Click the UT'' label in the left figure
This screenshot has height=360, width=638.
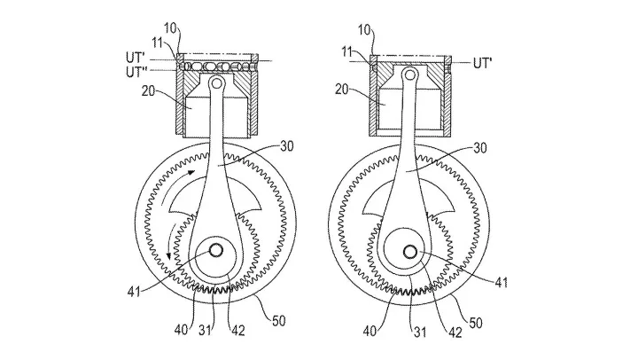pyautogui.click(x=136, y=72)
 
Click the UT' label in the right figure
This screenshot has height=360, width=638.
pyautogui.click(x=483, y=63)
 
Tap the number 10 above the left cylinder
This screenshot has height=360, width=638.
pyautogui.click(x=171, y=28)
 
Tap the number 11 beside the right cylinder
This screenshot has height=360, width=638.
pyautogui.click(x=347, y=51)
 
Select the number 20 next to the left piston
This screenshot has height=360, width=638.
pyautogui.click(x=148, y=90)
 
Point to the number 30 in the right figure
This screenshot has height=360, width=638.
pyautogui.click(x=480, y=148)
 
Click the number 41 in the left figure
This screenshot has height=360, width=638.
pyautogui.click(x=134, y=292)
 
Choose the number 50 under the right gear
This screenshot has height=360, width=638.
pyautogui.click(x=475, y=323)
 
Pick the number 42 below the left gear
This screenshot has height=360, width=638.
pyautogui.click(x=237, y=331)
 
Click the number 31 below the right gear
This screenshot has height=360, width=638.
pyautogui.click(x=420, y=333)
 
